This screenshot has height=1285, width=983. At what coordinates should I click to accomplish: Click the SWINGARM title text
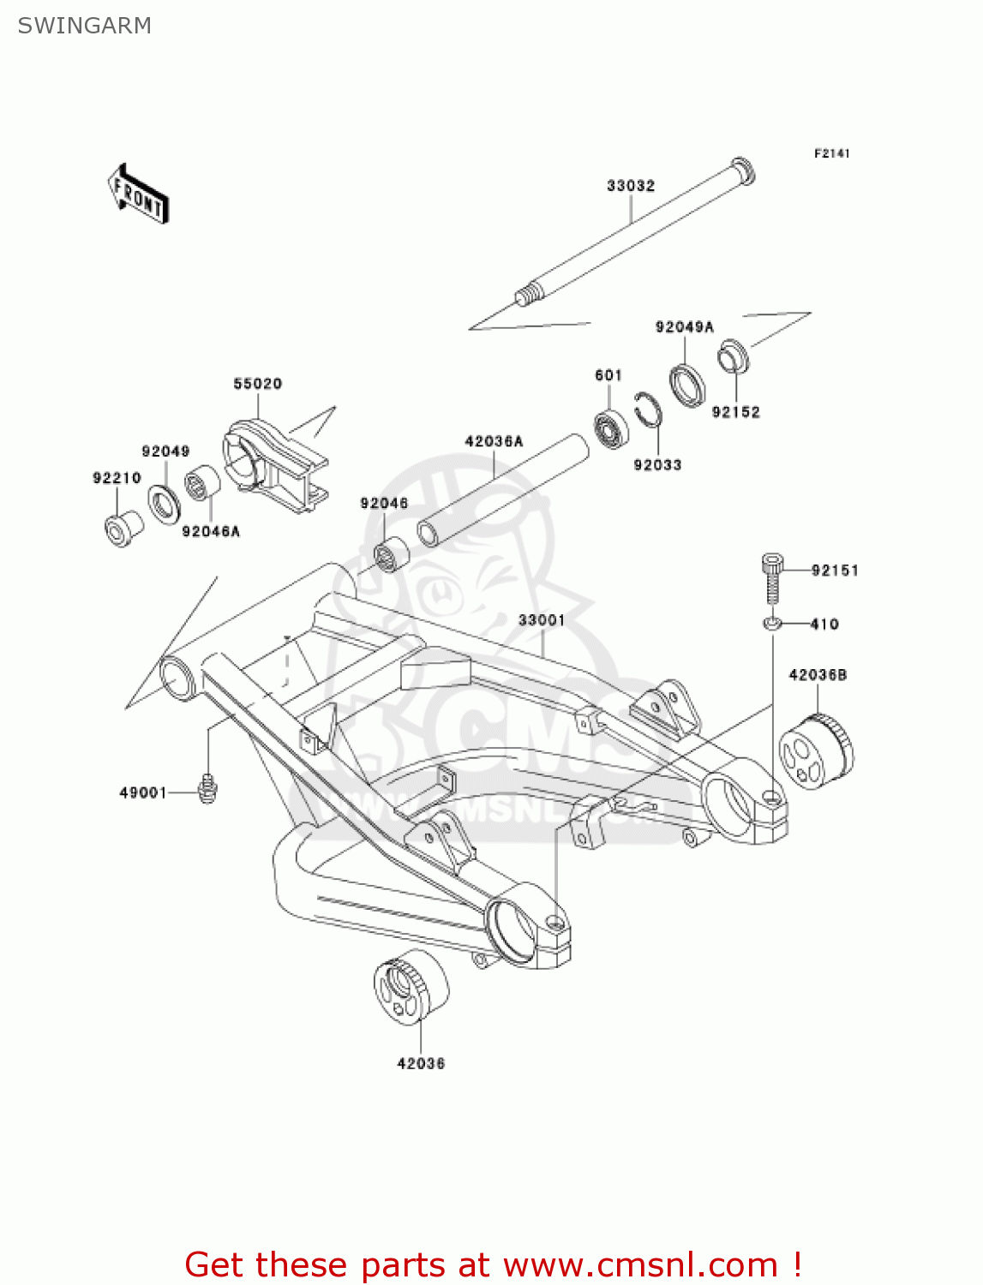pyautogui.click(x=84, y=26)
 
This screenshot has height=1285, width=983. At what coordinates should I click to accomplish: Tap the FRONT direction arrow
pyautogui.click(x=138, y=194)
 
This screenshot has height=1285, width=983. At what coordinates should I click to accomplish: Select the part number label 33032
pyautogui.click(x=631, y=186)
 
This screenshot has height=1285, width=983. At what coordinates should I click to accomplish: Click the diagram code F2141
pyautogui.click(x=831, y=153)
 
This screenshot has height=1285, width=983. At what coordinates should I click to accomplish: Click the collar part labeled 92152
pyautogui.click(x=733, y=357)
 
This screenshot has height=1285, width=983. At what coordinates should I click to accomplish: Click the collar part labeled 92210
pyautogui.click(x=123, y=529)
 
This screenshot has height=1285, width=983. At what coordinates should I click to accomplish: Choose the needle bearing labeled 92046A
pyautogui.click(x=203, y=482)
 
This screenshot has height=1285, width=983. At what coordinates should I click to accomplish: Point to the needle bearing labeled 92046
pyautogui.click(x=393, y=555)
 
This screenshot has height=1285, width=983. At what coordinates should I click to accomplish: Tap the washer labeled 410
pyautogui.click(x=771, y=623)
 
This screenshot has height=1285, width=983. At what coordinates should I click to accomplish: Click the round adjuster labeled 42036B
pyautogui.click(x=816, y=752)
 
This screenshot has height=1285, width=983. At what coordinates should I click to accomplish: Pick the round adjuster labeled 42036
pyautogui.click(x=411, y=986)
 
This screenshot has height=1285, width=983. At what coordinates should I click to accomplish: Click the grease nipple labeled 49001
pyautogui.click(x=207, y=788)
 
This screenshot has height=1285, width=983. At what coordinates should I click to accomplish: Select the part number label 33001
pyautogui.click(x=541, y=619)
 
